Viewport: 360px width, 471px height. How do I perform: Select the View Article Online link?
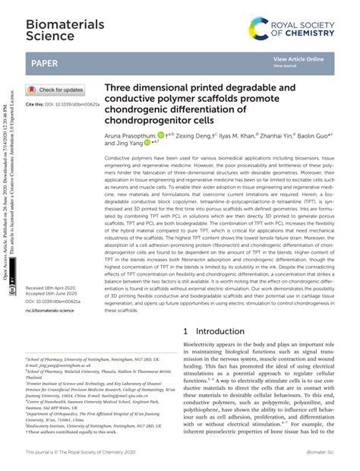(x=298, y=59)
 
